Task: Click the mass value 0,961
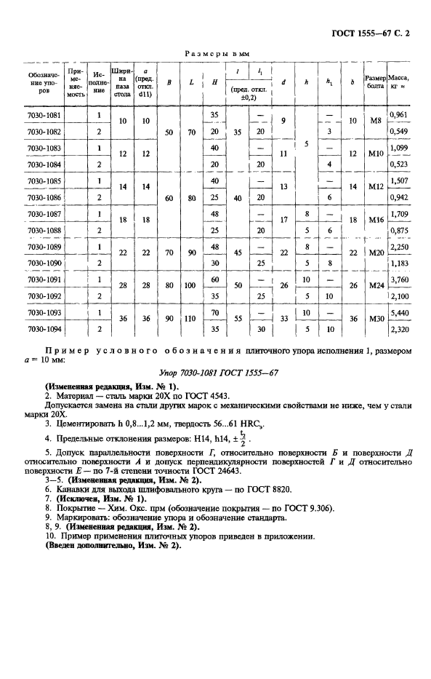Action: click(398, 115)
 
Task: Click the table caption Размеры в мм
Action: click(215, 53)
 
